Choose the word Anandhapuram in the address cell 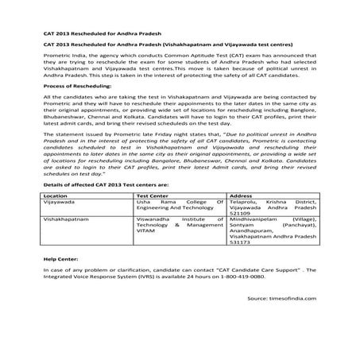249,227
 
